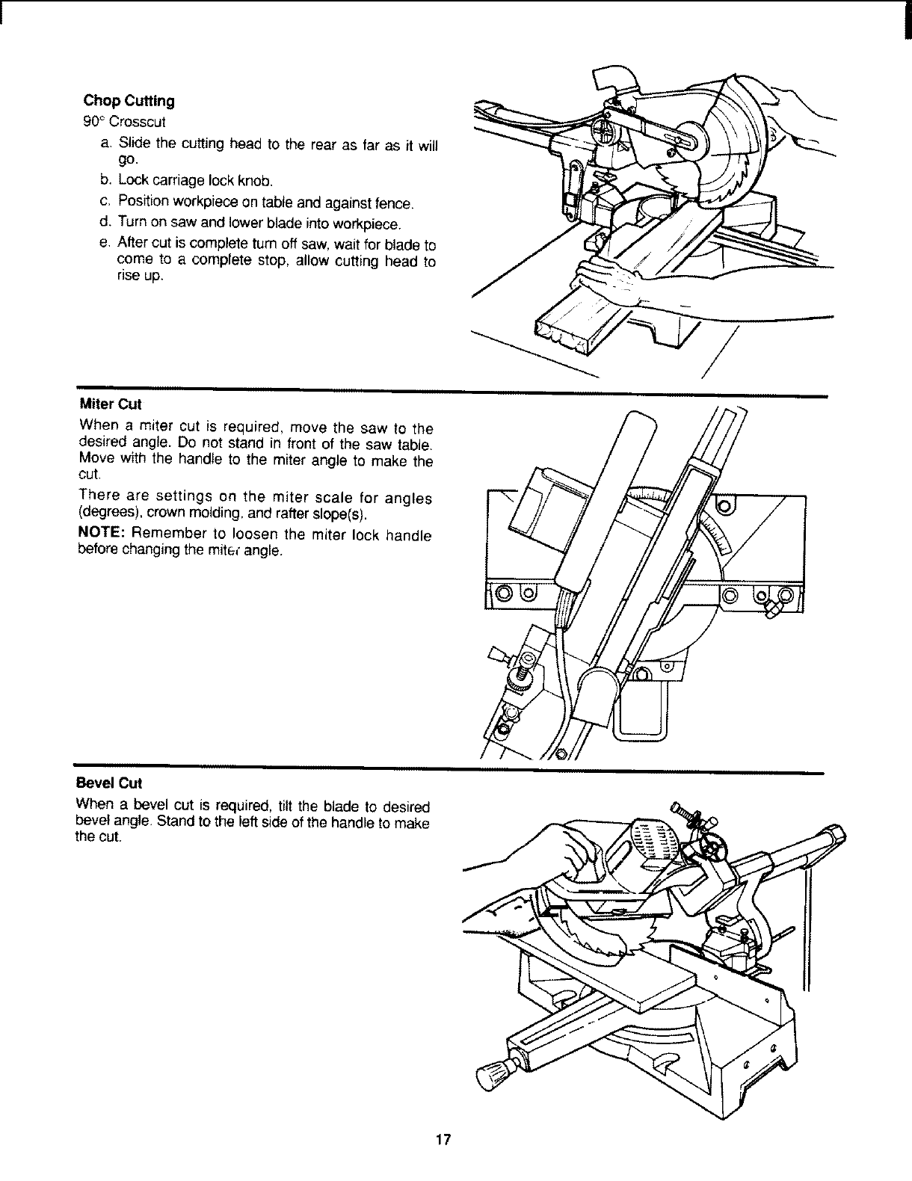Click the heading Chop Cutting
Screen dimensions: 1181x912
point(128,101)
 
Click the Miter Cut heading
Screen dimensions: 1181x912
point(109,404)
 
